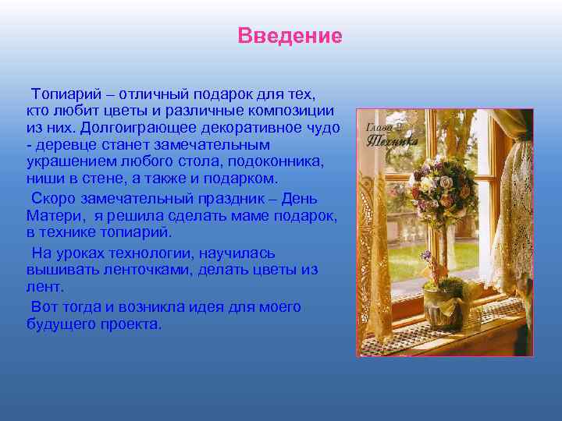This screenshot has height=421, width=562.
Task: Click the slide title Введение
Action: (290, 37)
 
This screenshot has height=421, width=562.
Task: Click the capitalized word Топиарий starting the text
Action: (62, 94)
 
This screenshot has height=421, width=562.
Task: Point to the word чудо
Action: (324, 128)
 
